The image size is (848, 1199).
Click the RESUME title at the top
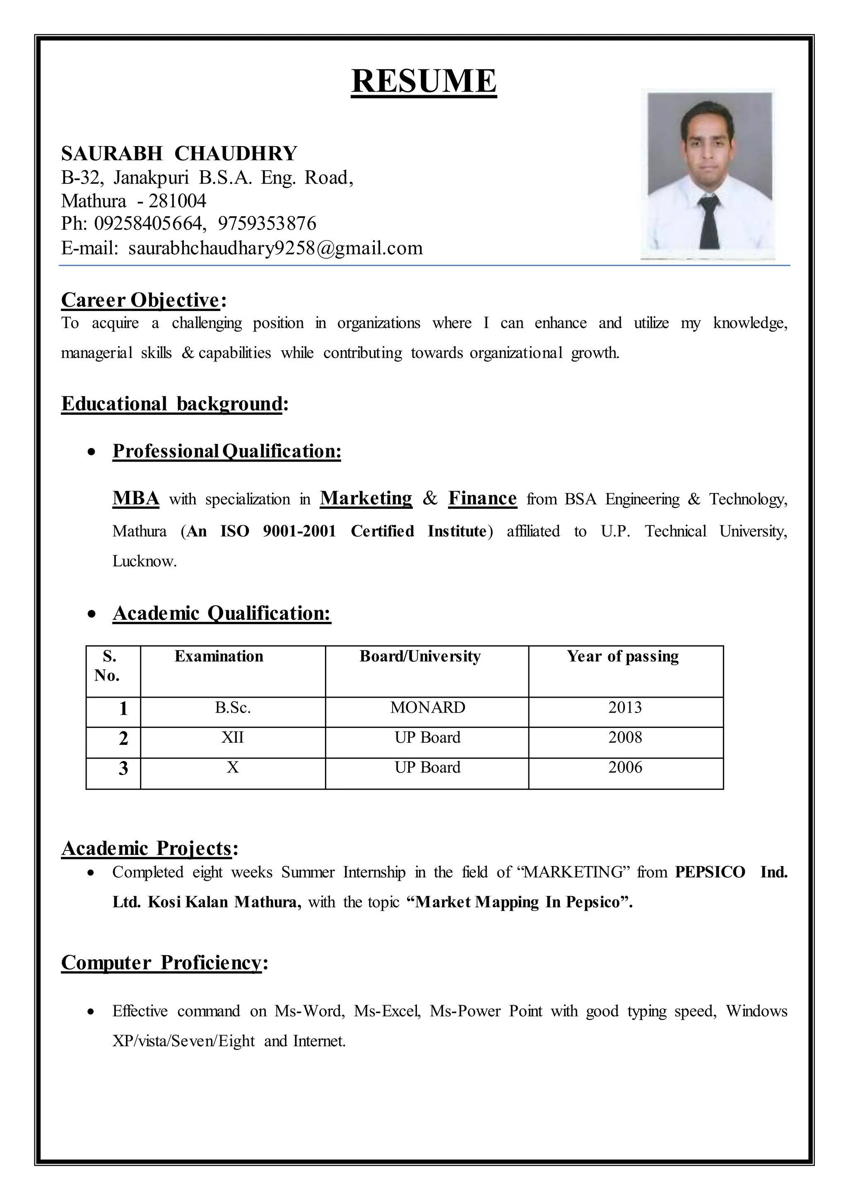pos(424,81)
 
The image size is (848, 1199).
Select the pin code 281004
pos(178,201)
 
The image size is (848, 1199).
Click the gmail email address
pos(275,248)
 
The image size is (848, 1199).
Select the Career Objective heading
pos(140,300)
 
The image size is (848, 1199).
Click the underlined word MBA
pos(136,498)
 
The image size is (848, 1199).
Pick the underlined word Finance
pos(482,498)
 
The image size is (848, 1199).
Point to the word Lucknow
pos(144,561)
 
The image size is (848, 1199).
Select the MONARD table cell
pos(427,708)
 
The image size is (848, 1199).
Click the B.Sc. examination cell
pos(233,708)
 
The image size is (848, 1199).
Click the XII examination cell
pos(233,737)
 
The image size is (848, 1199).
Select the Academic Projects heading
pos(146,849)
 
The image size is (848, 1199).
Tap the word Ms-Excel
pos(386,1011)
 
